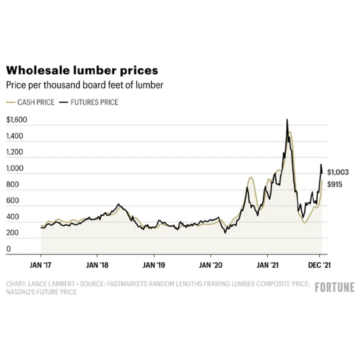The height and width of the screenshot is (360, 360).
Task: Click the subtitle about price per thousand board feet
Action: pyautogui.click(x=84, y=85)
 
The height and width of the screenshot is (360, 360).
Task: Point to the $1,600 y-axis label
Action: pyautogui.click(x=16, y=120)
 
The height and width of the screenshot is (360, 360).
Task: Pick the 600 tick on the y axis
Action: pyautogui.click(x=12, y=201)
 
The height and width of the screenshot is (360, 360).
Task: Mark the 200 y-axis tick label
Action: pyautogui.click(x=12, y=233)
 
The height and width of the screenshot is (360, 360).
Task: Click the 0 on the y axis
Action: pyautogui.click(x=8, y=249)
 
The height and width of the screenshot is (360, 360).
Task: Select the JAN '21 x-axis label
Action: pyautogui.click(x=270, y=265)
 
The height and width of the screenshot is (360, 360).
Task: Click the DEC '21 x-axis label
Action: pyautogui.click(x=318, y=265)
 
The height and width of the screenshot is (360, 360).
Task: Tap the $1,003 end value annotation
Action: pyautogui.click(x=338, y=172)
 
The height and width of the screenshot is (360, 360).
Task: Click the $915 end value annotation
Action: pyautogui.click(x=335, y=184)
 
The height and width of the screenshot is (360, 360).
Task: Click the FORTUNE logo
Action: pyautogui.click(x=334, y=287)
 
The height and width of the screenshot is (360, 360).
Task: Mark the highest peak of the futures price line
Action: pyautogui.click(x=287, y=119)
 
